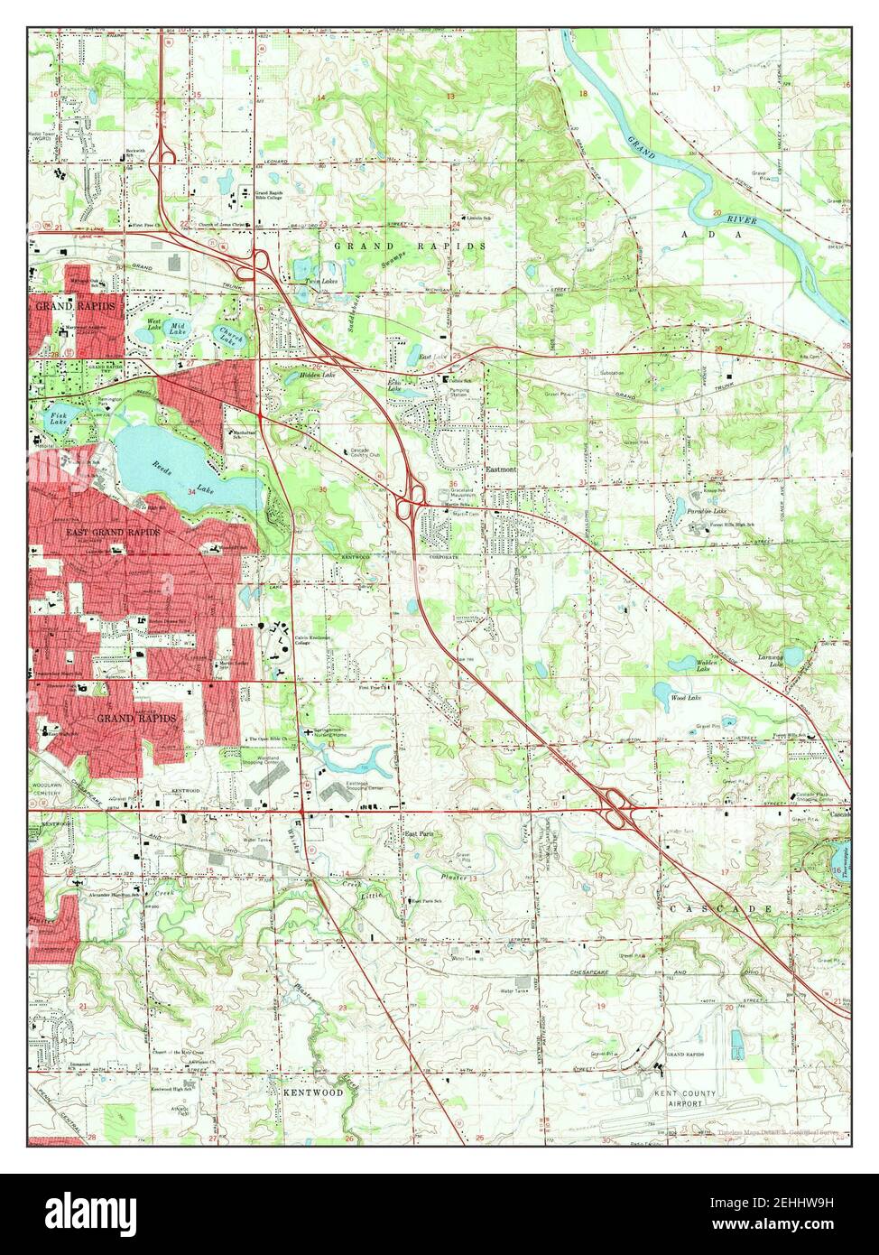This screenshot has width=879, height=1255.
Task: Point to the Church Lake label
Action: [231, 338]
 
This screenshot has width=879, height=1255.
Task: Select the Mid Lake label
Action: [178, 328]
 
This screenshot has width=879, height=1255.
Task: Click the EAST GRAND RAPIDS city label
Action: [113, 533]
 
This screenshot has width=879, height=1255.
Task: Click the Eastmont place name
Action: [501, 469]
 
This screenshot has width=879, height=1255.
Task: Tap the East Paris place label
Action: [419, 833]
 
